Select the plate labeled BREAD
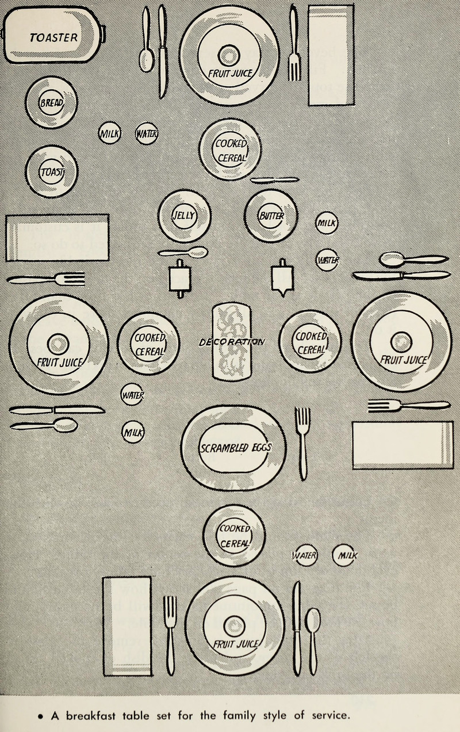[x=51, y=102]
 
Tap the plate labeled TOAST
[x=52, y=171]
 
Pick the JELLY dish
[x=184, y=216]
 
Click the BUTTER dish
[x=271, y=216]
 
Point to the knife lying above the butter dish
[x=274, y=180]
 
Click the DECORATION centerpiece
[x=232, y=342]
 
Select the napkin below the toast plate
[x=57, y=237]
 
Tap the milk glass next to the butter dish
[x=327, y=223]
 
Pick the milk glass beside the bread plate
[x=109, y=134]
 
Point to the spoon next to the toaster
[x=146, y=40]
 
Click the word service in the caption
[x=329, y=716]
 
